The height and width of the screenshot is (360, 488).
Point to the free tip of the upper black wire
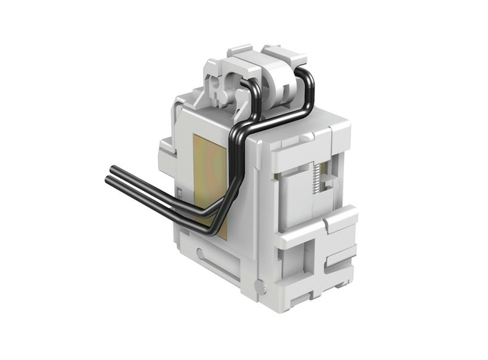coord(111,169)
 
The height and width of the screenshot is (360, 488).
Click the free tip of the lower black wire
coord(108,182)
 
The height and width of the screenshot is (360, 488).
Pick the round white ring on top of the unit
coord(278,83)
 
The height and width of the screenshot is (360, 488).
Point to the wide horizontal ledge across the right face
coord(317,227)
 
